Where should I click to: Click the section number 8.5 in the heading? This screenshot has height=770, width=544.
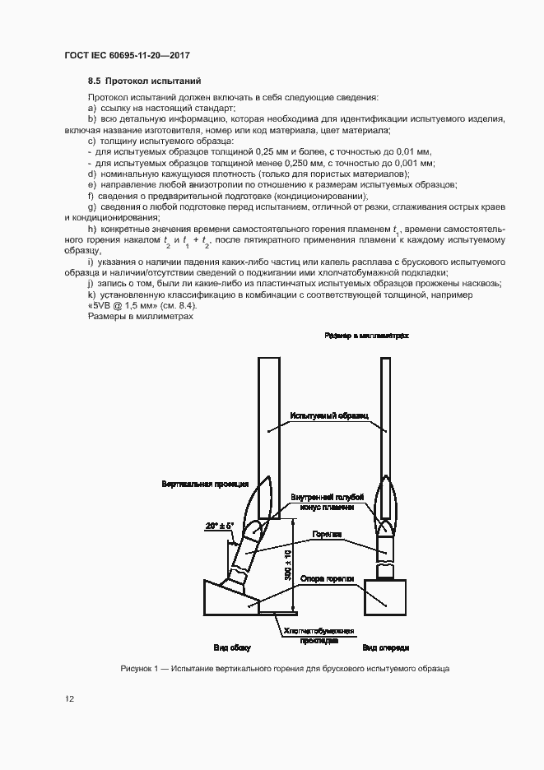[x=94, y=81]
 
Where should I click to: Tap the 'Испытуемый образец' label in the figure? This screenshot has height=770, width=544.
[x=330, y=417]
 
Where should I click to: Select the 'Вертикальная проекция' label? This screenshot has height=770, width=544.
[x=200, y=485]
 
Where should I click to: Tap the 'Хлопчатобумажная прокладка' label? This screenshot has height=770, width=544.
[x=318, y=635]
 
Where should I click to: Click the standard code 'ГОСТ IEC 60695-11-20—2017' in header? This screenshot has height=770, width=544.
[x=121, y=55]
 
